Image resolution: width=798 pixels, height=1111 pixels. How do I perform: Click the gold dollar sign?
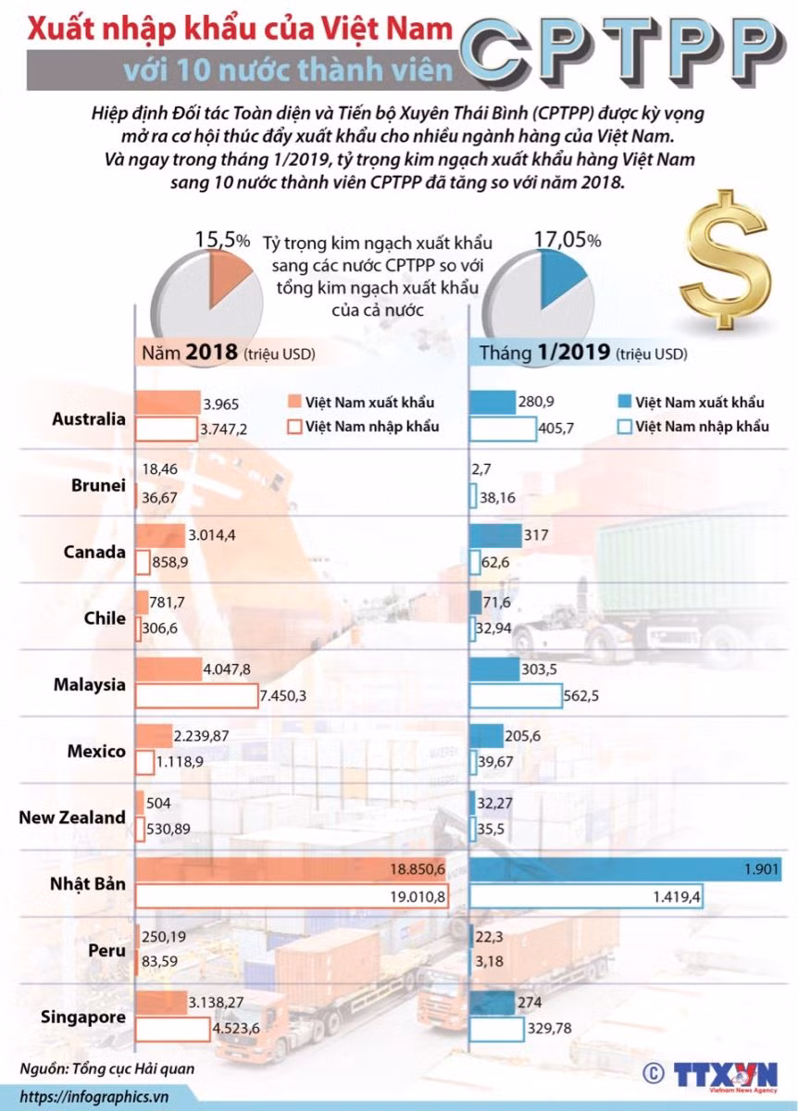tap(725, 259)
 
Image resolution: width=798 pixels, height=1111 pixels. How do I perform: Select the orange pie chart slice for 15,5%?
tap(226, 274)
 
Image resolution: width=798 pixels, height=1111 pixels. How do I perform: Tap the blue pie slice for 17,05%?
tap(558, 274)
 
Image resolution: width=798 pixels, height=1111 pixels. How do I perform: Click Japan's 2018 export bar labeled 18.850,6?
tap(291, 869)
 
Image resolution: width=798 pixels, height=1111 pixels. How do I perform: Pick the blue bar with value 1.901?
tap(626, 869)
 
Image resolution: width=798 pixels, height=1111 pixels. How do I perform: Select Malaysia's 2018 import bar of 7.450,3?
tap(197, 695)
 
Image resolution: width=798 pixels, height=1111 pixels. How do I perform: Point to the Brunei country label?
tap(98, 485)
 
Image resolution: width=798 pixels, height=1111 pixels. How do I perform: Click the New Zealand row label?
tap(72, 818)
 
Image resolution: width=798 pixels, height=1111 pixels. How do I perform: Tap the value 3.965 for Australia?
tap(220, 405)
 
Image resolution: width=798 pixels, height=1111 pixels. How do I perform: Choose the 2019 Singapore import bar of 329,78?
tap(496, 1030)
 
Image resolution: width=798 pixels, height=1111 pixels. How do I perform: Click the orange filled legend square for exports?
tap(294, 401)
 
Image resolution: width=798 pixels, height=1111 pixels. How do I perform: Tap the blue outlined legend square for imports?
tap(625, 427)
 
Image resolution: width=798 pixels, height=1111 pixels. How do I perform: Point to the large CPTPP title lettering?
tap(622, 50)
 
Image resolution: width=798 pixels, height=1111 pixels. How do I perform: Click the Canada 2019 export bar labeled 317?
tap(495, 536)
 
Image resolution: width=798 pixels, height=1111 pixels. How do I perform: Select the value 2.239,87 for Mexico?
tap(201, 736)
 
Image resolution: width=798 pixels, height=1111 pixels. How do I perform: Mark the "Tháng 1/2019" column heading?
tap(544, 353)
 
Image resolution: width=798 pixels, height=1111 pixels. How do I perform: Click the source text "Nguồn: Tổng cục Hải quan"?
tap(107, 1068)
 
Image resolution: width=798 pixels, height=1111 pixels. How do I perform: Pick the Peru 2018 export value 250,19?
tap(164, 936)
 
